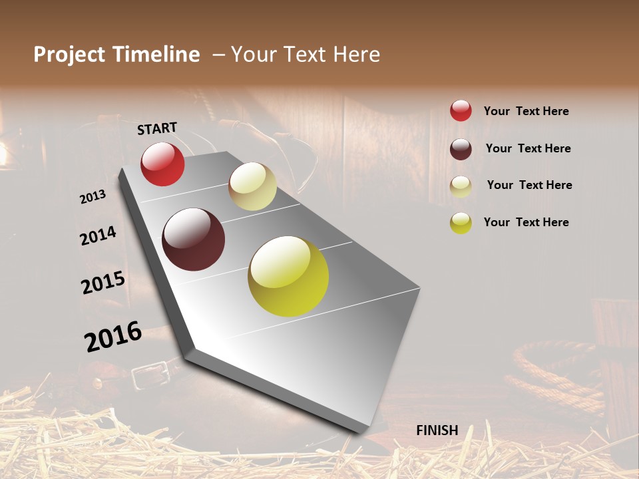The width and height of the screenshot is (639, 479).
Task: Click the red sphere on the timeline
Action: tap(162, 164)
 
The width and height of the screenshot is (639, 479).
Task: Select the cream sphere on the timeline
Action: tap(252, 186)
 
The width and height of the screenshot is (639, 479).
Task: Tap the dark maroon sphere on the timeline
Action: tap(193, 239)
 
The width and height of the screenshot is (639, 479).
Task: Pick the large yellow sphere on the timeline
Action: tap(288, 276)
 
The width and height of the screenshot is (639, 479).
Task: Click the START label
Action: tap(157, 128)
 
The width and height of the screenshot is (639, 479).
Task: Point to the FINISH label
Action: tap(437, 430)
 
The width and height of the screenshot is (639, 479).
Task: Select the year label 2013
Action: tap(93, 197)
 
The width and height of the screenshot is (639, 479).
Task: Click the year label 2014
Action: tap(99, 236)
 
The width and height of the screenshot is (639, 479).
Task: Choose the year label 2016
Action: tap(113, 336)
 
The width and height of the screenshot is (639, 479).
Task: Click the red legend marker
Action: tap(461, 110)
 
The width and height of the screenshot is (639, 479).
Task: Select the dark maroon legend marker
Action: tap(461, 148)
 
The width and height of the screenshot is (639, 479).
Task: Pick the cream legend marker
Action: tap(461, 186)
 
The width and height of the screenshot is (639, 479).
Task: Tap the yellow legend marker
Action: tap(461, 223)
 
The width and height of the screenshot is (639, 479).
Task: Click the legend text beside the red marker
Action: tap(526, 111)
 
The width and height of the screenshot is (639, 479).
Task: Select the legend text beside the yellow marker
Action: tap(526, 222)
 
